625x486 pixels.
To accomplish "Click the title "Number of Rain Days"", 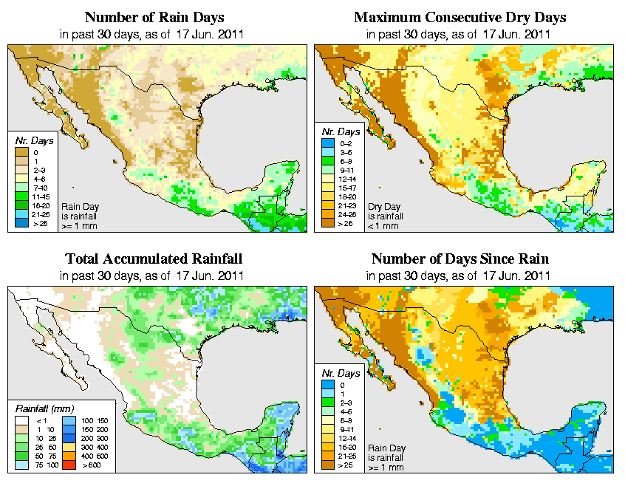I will [x=154, y=17].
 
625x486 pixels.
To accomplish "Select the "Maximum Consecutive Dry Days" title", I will [x=460, y=17].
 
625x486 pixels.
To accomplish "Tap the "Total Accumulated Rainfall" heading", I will [x=154, y=259].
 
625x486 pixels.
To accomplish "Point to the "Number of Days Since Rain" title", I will [x=460, y=259].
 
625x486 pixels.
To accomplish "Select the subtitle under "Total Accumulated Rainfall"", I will [x=154, y=275].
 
